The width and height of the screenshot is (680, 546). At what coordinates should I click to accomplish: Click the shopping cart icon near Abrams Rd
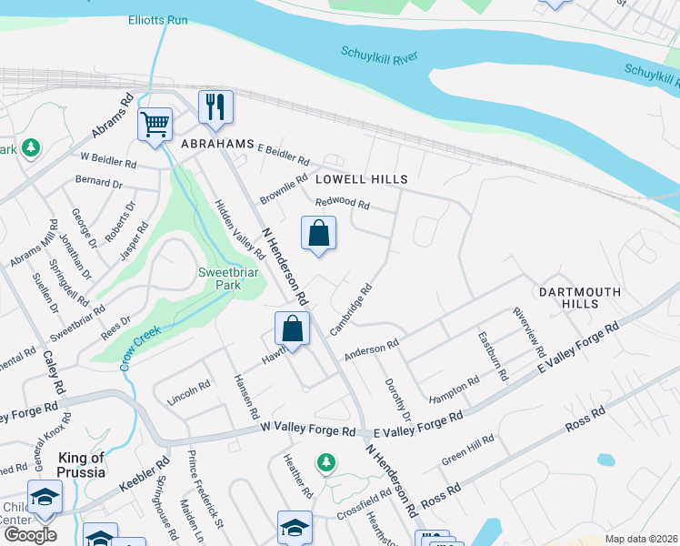[155, 123]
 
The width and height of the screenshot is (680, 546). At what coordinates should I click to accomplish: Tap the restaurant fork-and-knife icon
[215, 106]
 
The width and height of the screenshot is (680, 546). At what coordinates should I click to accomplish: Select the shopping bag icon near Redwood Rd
[319, 233]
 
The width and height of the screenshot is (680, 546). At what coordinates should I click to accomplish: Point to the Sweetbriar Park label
[220, 278]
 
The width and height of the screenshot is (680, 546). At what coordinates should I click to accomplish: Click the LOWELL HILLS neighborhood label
[362, 179]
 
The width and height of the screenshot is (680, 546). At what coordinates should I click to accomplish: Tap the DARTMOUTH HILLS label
[579, 298]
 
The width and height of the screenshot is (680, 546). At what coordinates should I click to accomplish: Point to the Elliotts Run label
[157, 19]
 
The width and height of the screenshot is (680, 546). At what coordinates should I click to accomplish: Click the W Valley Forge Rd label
[306, 429]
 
